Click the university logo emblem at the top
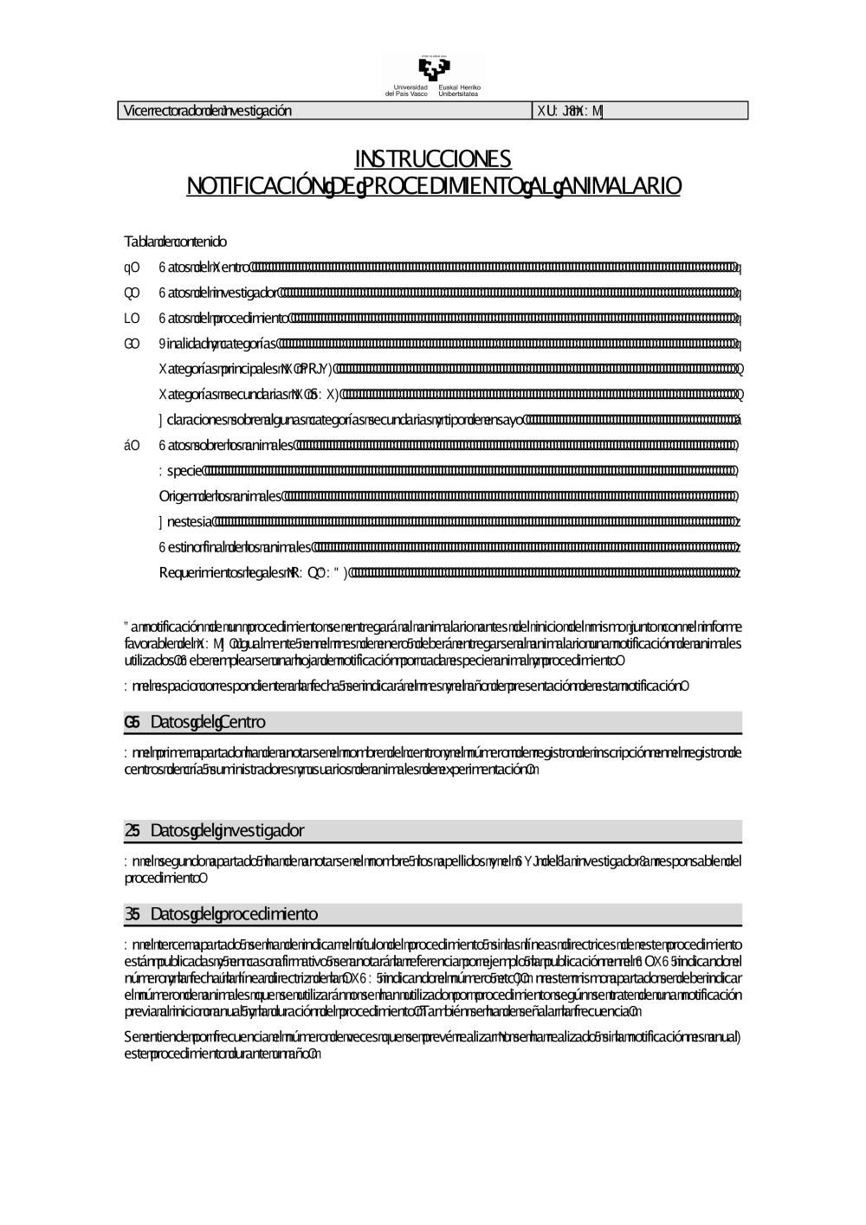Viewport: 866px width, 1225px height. [x=433, y=68]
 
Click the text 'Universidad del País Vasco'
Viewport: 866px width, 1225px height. [x=407, y=90]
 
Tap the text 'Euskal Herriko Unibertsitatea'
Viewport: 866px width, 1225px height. [x=460, y=90]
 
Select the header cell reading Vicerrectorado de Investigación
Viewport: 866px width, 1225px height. [x=208, y=111]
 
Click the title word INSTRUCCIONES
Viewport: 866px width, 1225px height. [x=433, y=159]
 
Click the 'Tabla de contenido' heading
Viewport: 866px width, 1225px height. [x=176, y=242]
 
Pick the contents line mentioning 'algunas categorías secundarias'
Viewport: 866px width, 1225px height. [x=342, y=421]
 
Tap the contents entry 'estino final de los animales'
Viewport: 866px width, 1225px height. [x=235, y=547]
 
